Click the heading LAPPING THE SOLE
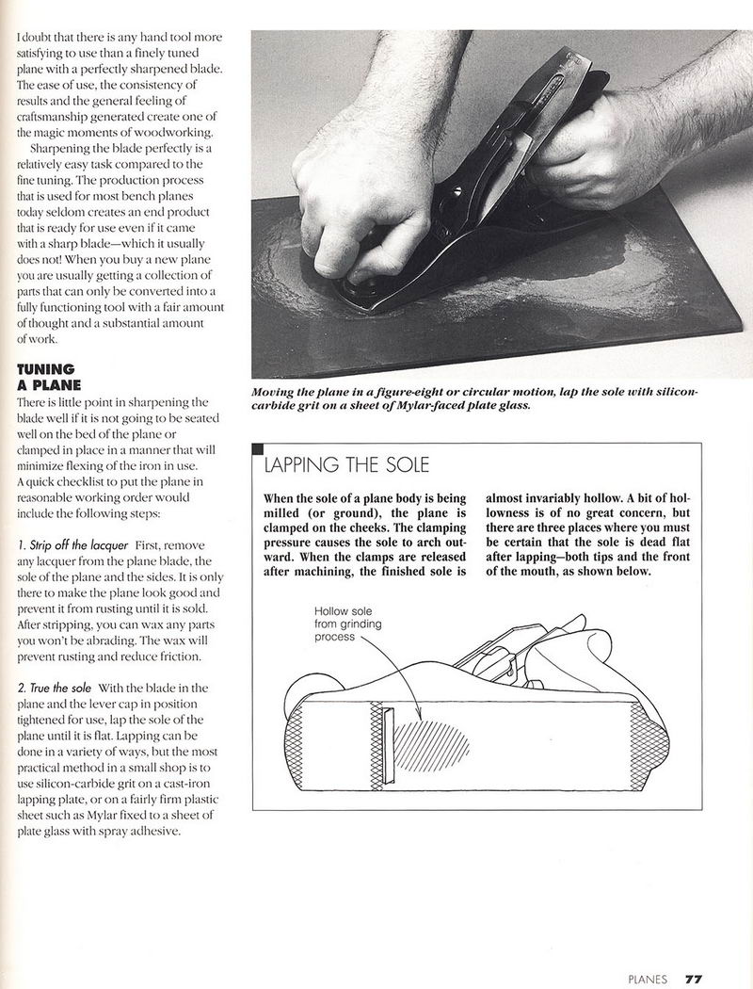(346, 464)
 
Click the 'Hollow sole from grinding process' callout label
(348, 624)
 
